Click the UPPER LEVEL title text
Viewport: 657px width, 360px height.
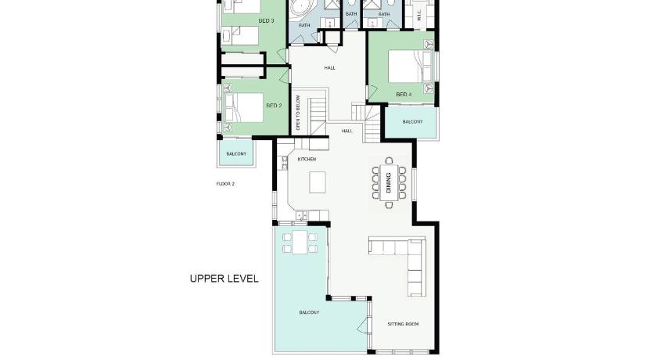(x=224, y=279)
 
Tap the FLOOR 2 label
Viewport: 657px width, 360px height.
(x=225, y=184)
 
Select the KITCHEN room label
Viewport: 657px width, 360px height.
(x=307, y=159)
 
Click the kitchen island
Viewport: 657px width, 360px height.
(x=318, y=182)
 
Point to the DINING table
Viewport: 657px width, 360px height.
(x=389, y=182)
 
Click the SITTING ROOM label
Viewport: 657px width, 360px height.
(x=403, y=324)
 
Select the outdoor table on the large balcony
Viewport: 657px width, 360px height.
(x=300, y=243)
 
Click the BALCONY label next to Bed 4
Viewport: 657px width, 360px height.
(x=412, y=121)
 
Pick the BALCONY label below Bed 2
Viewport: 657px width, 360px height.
(x=236, y=154)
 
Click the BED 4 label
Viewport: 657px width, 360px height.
(x=404, y=95)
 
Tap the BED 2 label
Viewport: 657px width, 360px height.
(x=274, y=106)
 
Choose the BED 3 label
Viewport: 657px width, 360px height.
(x=267, y=20)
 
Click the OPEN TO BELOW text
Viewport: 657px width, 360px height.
(x=298, y=113)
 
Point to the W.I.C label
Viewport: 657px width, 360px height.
(x=419, y=16)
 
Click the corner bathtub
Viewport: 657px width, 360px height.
(x=302, y=9)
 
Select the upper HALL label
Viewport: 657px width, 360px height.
(x=330, y=67)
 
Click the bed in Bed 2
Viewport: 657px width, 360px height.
(x=244, y=108)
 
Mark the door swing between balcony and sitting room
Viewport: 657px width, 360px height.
(x=363, y=325)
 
